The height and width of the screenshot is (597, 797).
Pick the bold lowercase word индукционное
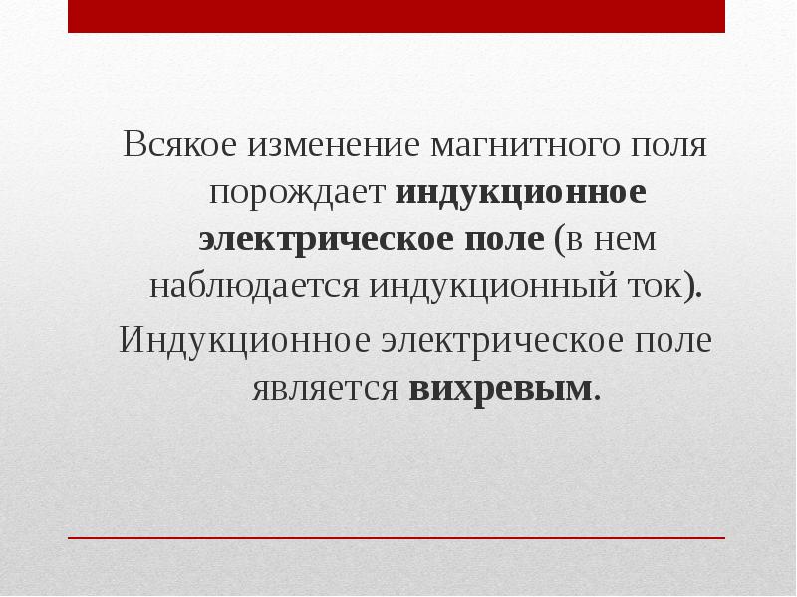(521, 192)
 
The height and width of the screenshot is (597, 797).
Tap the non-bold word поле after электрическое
(678, 340)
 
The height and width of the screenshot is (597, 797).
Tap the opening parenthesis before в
(560, 240)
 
